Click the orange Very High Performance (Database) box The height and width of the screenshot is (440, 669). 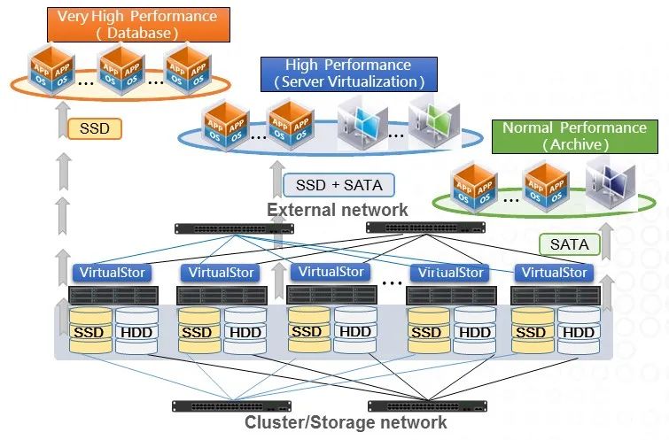[x=136, y=25]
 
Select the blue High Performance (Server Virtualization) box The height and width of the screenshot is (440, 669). [x=348, y=73]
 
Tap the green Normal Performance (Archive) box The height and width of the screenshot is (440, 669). [x=574, y=135]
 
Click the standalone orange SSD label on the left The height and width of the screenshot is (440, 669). [x=94, y=129]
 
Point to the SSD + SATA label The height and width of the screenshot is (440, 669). [x=338, y=186]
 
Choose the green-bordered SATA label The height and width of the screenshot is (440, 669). [x=568, y=243]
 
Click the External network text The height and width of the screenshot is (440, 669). [x=338, y=210]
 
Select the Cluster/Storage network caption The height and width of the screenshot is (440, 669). [x=346, y=422]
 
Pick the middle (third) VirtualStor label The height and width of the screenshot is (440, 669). [x=331, y=272]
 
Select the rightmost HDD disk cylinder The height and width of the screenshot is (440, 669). [x=579, y=332]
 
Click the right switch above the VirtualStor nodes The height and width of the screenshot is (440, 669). [x=426, y=227]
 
